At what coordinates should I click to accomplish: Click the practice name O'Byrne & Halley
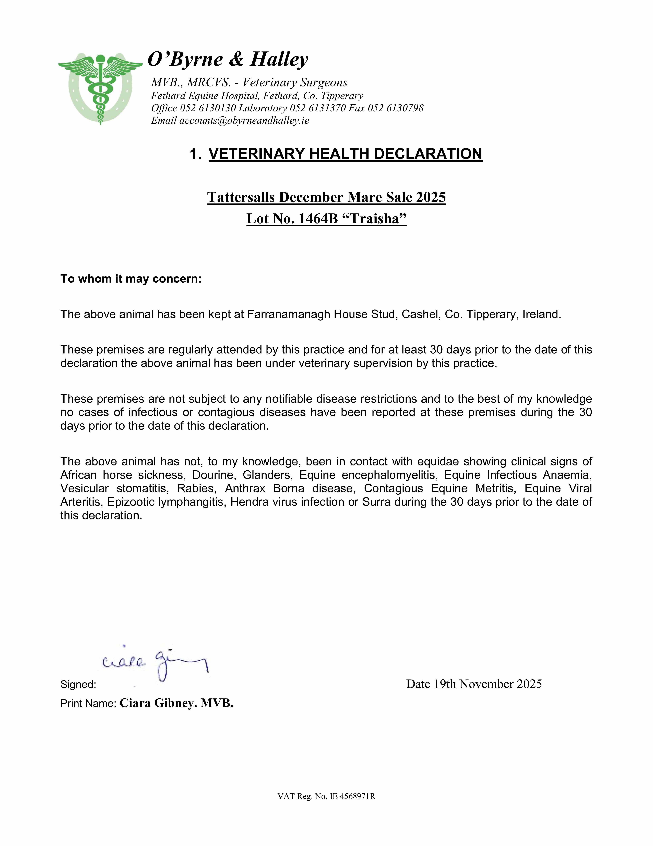(228, 59)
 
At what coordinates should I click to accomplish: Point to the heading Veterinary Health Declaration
(345, 154)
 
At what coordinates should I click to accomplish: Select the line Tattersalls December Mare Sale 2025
(326, 197)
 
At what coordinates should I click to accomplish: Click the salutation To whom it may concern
(131, 279)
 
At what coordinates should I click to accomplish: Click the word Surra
(375, 502)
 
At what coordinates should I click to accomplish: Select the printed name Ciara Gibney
(155, 703)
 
